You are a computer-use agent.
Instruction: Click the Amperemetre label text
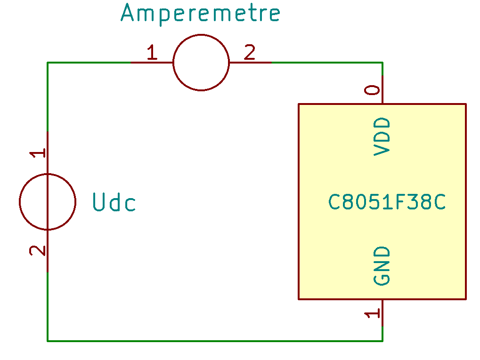[201, 13]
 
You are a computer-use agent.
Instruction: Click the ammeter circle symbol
[201, 62]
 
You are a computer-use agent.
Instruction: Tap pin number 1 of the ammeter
[151, 53]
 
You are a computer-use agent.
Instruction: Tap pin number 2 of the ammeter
[250, 53]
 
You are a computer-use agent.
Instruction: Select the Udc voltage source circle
[47, 202]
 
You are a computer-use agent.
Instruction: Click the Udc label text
[114, 202]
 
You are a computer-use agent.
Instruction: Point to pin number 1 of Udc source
[38, 153]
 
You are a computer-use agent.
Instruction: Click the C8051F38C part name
[387, 202]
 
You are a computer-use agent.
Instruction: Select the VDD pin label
[382, 136]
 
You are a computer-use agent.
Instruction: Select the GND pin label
[382, 266]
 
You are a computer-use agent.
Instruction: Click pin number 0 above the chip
[373, 90]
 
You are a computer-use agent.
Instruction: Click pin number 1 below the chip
[373, 313]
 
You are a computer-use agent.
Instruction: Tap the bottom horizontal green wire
[212, 340]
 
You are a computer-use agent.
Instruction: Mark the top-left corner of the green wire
[48, 63]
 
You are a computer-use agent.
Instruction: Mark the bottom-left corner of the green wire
[48, 340]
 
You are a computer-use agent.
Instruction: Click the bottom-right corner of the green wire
[382, 340]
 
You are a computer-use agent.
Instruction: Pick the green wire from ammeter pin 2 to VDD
[325, 62]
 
